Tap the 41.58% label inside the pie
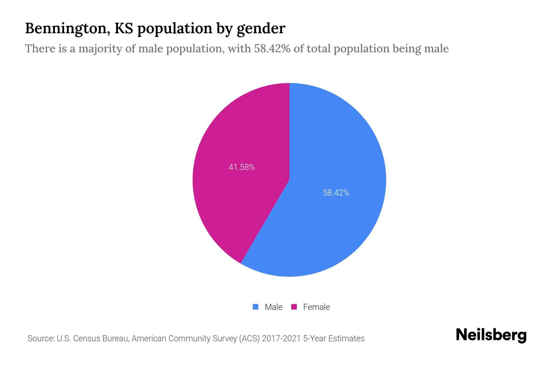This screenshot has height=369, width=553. pos(242,167)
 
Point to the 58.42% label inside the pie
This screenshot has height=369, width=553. pos(336,193)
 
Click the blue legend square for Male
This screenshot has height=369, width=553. pos(255,307)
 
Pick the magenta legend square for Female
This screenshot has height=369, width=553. pos(294,307)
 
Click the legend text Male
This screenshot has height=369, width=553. pos(273,307)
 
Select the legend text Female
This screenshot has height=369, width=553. pos(316,307)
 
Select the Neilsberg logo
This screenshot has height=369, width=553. pos(491,335)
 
